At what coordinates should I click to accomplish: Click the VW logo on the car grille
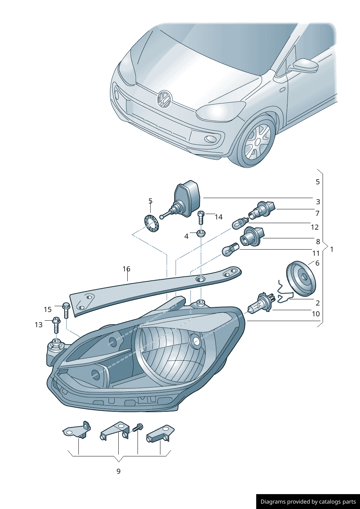pos(164,99)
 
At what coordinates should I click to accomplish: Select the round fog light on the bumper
pos(210,139)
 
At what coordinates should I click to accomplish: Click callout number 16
pos(126,269)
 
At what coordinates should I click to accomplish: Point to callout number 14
pos(218,217)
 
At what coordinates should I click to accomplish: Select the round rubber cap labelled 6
pos(301,278)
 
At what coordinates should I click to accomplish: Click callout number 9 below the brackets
pos(118,471)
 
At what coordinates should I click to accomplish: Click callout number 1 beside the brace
pos(332,249)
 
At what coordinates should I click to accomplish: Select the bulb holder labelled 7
pos(261,210)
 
